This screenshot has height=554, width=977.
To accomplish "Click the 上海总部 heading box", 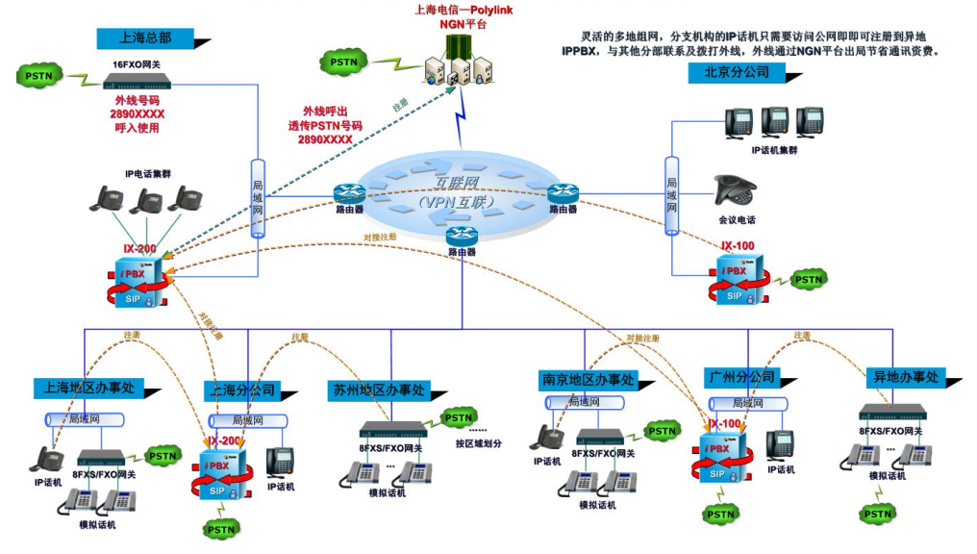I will click(x=145, y=38).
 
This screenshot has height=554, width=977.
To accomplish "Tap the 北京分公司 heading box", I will click(x=737, y=73).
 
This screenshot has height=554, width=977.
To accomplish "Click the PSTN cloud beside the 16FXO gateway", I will click(x=39, y=75).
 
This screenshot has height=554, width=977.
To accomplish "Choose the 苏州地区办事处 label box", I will click(x=378, y=390).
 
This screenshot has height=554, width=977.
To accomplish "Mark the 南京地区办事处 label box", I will click(x=588, y=382).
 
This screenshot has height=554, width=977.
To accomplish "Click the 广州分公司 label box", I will click(x=739, y=376).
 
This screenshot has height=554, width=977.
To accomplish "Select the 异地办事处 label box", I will click(x=905, y=377).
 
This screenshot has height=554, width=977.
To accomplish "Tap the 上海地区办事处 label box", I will click(x=88, y=388).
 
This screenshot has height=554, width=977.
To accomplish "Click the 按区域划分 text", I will click(x=479, y=443).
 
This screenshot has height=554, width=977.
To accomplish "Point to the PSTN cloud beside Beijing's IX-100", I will click(x=808, y=280).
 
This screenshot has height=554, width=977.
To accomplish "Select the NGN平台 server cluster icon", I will click(x=460, y=67).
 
